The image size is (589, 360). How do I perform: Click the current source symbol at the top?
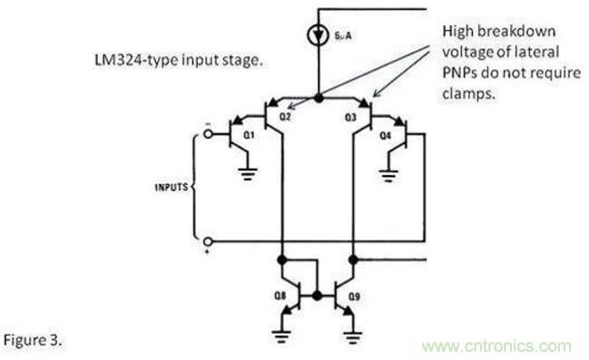click(x=319, y=35)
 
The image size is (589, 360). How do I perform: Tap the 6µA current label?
click(x=343, y=36)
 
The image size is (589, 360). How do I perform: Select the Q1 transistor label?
click(x=249, y=135)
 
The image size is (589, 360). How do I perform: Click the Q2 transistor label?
click(x=285, y=117)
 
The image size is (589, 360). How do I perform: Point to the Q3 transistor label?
click(x=350, y=118)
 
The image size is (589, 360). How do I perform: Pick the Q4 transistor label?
click(x=386, y=135)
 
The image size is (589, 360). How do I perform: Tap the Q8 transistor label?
click(x=280, y=297)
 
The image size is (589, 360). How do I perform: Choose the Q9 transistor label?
click(x=354, y=297)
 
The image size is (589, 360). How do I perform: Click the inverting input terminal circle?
click(x=208, y=133)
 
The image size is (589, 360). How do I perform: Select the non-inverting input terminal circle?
click(x=208, y=241)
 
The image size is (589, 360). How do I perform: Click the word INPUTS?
click(x=172, y=187)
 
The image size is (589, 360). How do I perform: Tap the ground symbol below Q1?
click(x=248, y=174)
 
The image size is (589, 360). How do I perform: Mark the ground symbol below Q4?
click(x=388, y=175)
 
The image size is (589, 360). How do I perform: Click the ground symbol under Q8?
click(x=281, y=336)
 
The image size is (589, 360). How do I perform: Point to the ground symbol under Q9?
click(x=352, y=336)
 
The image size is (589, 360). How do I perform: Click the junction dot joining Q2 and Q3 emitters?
click(x=319, y=98)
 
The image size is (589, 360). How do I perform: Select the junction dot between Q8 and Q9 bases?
click(x=318, y=296)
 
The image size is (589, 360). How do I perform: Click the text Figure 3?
click(x=33, y=340)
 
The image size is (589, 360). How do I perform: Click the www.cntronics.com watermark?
click(x=496, y=346)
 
